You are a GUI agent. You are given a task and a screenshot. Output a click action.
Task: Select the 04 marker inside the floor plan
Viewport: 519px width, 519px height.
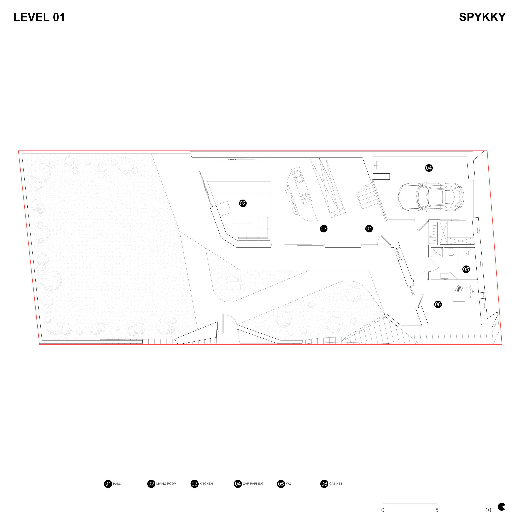(x=429, y=168)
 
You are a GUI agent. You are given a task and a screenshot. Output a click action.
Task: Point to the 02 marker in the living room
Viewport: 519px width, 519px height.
(x=243, y=203)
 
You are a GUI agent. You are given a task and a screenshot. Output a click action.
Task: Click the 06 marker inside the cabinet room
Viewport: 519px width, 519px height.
(x=438, y=304)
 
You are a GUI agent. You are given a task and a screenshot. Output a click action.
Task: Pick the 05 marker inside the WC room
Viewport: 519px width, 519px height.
(x=466, y=269)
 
